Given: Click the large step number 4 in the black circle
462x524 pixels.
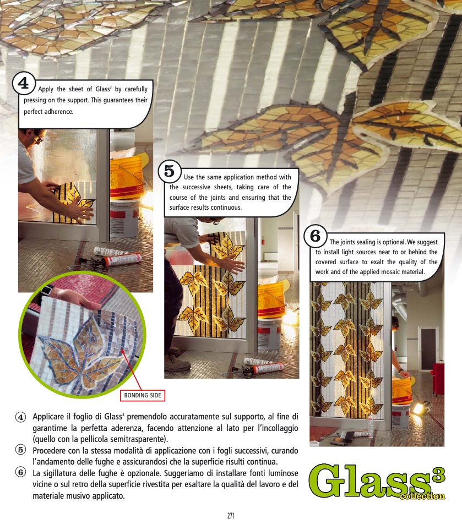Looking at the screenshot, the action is (23, 83).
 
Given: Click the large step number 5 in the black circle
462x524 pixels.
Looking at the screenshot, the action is (169, 171).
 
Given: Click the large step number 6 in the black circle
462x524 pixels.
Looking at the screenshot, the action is (315, 236).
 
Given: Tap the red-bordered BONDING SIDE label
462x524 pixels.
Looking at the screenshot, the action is (143, 395).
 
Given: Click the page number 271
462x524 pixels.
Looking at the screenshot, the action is (231, 516).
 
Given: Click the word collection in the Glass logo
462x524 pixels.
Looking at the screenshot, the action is (422, 496).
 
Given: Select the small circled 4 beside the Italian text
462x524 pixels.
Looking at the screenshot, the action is (21, 417).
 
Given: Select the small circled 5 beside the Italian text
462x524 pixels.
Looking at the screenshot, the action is (21, 450).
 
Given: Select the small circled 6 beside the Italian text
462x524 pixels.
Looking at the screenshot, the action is (21, 472).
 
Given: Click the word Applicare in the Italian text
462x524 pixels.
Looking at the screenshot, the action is (48, 417).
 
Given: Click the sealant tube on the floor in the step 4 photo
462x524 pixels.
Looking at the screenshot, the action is (122, 259).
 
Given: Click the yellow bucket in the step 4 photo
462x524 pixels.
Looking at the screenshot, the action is (127, 177).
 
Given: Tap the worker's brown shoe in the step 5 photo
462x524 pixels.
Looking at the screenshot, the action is (177, 363).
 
